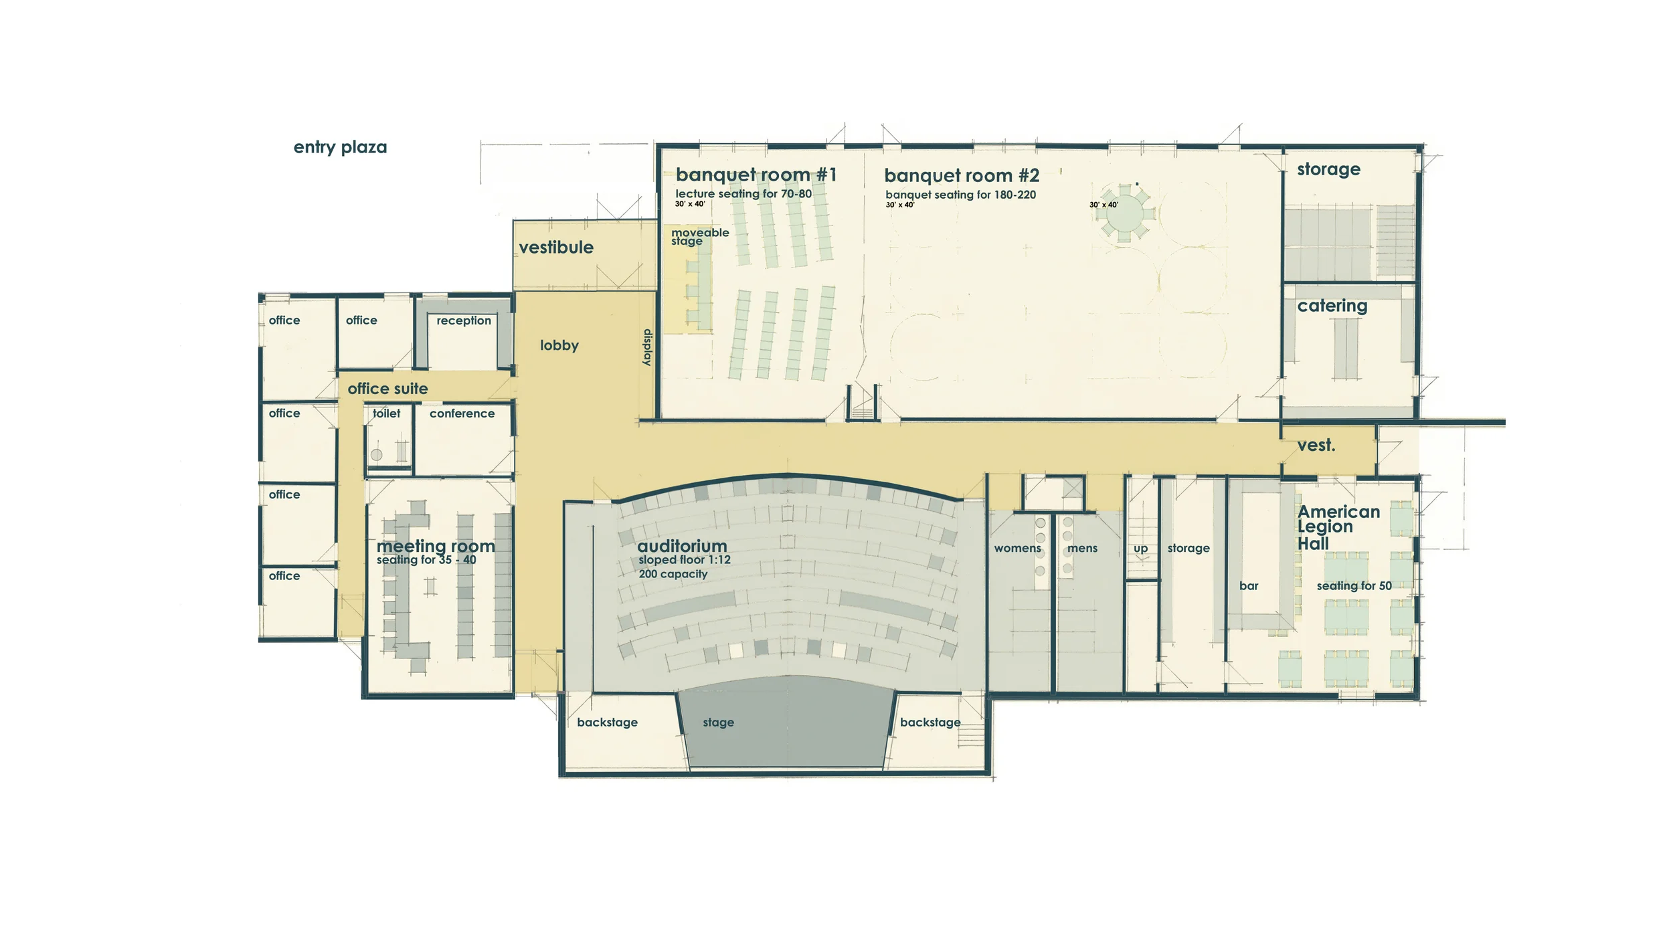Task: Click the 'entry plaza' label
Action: (340, 147)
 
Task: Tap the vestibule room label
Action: (556, 248)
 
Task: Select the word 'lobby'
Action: (559, 345)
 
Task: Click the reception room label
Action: (464, 320)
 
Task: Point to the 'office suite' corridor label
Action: (387, 389)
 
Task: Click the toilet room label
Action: (387, 413)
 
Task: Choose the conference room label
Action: (462, 413)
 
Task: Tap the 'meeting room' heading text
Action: (436, 546)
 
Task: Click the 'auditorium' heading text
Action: (682, 546)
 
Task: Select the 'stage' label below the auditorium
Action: (718, 723)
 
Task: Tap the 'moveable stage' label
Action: (699, 237)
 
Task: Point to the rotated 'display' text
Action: (647, 347)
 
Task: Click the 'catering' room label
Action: (1332, 306)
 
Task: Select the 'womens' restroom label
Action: (1017, 549)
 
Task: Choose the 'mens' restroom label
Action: (1082, 549)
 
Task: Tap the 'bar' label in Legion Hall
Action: (1248, 586)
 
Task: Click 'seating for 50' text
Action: (1354, 586)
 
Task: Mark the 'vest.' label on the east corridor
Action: (1316, 446)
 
